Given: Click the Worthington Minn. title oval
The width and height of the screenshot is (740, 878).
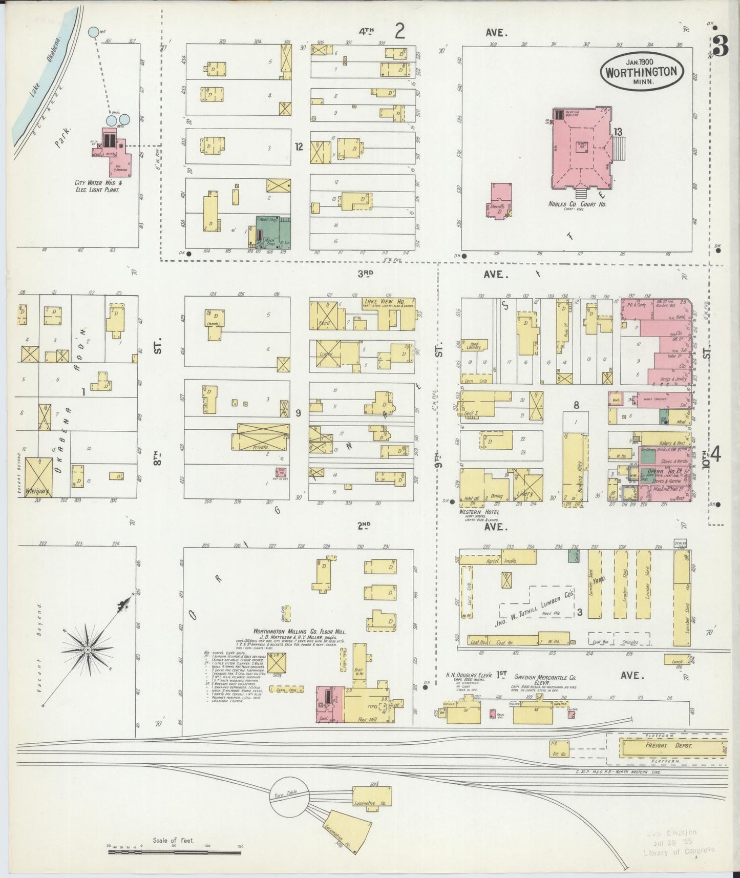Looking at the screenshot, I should tap(641, 71).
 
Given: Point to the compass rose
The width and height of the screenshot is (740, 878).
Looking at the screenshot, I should tap(88, 649).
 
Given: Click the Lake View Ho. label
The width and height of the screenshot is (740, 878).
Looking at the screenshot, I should tap(383, 302).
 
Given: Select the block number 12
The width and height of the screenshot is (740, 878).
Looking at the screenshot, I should tap(299, 147).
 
